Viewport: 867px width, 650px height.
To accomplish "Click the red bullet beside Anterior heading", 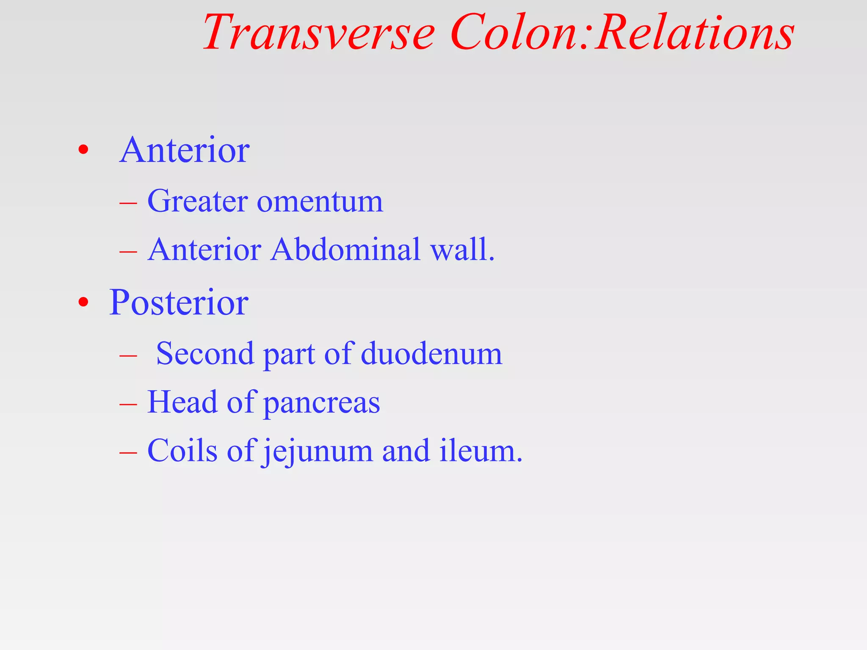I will pos(83,150).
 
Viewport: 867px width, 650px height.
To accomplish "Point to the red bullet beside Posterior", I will pos(83,302).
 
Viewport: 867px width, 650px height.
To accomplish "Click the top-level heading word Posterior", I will pos(179,302).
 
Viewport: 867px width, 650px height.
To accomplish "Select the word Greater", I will pos(197,201).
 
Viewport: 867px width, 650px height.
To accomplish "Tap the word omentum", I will pos(320,202).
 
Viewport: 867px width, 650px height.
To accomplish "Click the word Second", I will pos(205,353).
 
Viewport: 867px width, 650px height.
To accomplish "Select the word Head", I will pos(182,402).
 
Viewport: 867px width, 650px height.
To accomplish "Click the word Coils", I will pos(182,451).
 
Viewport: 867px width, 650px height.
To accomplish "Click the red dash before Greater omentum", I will pos(128,204).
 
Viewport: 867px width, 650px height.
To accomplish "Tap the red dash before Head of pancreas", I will pos(128,405).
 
